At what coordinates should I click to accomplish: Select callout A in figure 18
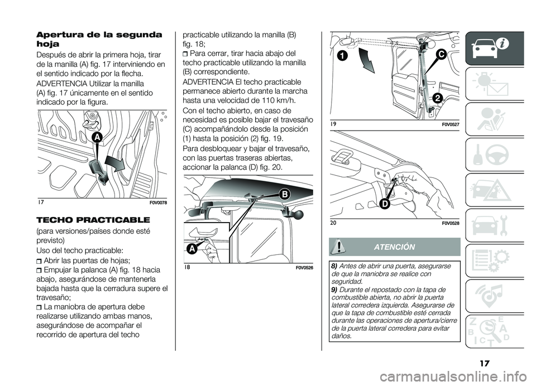pos(191,249)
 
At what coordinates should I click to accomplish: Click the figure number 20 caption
pos(333,223)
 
